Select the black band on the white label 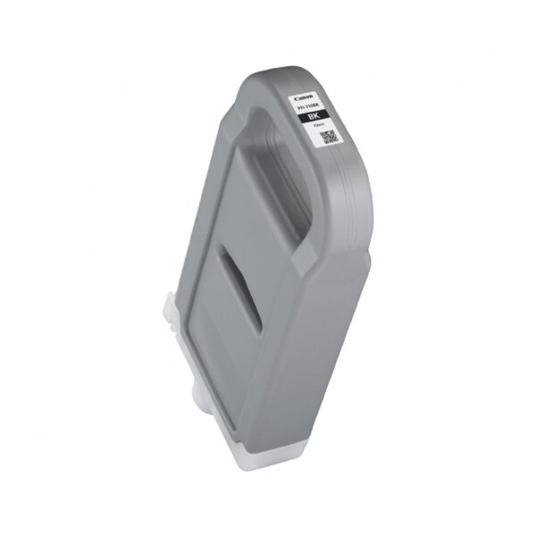point(314,117)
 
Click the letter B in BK point(310,117)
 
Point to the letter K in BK point(316,118)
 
